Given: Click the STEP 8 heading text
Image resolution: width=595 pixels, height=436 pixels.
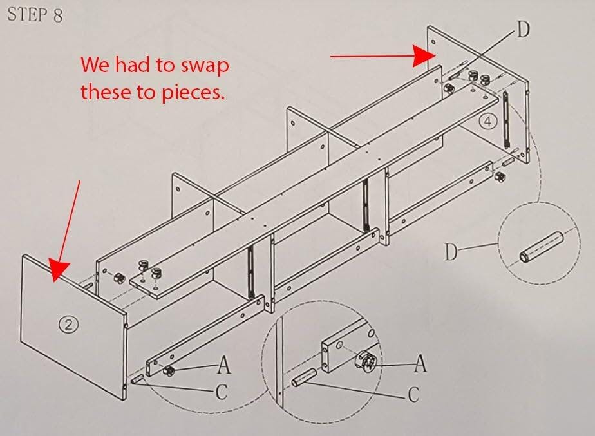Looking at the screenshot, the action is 35,15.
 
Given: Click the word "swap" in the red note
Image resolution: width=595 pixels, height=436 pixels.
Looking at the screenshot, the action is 204,65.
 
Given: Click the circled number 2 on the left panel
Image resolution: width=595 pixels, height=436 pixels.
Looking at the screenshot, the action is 69,325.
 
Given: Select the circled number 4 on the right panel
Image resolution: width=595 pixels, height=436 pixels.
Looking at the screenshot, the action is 487,122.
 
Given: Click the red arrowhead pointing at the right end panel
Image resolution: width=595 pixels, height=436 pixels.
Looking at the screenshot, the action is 424,56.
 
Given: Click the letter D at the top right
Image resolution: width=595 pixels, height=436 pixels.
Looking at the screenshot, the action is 523,29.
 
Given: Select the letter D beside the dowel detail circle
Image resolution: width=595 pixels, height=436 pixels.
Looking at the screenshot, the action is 451,252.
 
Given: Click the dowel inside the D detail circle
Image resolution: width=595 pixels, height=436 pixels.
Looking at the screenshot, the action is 542,247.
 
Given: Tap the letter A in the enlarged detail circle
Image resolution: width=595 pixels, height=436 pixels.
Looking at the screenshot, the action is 420,363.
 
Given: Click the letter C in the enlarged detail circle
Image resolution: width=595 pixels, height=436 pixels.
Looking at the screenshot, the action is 414,395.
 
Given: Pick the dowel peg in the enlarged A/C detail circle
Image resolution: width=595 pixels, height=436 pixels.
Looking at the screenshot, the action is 303,377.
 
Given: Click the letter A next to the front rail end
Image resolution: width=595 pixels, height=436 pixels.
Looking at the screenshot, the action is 224,365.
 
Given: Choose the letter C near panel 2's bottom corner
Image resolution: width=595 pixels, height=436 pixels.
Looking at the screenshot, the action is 222,392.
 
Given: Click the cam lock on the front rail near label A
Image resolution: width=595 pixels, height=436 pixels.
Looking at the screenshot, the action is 169,370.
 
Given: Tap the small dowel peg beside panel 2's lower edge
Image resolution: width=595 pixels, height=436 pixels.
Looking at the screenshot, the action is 137,379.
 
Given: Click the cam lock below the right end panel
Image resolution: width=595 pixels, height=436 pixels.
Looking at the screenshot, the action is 500,176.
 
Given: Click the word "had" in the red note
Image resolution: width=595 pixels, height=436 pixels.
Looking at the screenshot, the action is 133,64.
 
